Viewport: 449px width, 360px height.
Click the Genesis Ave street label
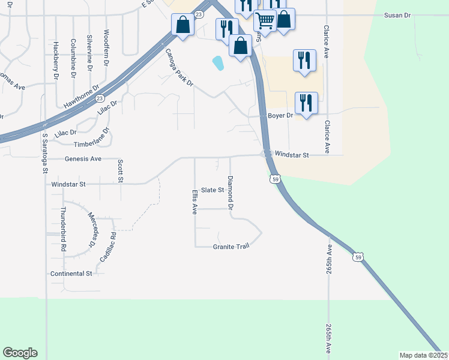point(83,159)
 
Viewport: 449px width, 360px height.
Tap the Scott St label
point(121,171)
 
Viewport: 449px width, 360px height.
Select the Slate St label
point(212,190)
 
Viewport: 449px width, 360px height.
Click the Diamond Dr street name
point(230,192)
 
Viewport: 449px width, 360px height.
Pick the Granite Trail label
point(231,247)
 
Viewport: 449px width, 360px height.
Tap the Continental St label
point(71,273)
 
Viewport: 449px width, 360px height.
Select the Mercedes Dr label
point(92,230)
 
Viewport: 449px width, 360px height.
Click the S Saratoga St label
point(44,153)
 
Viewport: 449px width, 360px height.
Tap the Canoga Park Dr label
point(179,69)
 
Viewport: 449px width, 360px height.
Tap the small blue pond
point(218,62)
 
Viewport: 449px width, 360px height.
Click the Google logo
point(20,352)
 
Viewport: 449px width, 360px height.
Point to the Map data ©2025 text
point(424,355)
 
